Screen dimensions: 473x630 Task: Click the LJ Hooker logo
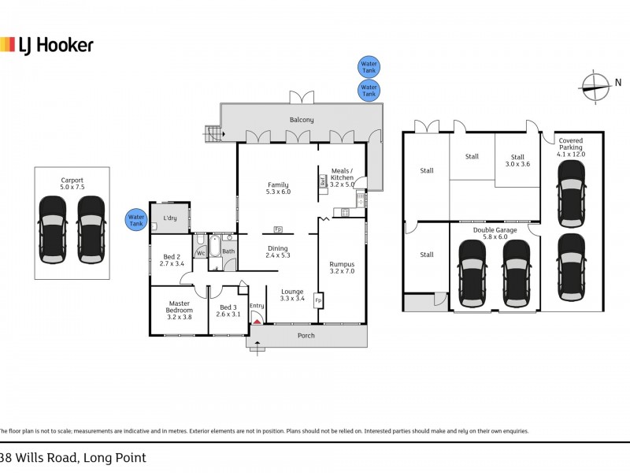47,44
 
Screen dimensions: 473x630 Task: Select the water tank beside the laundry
136,220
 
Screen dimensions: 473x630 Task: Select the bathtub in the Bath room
213,248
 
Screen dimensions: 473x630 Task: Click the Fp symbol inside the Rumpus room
318,301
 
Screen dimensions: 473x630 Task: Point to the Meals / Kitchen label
341,174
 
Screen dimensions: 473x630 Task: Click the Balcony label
301,120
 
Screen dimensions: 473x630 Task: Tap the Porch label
306,336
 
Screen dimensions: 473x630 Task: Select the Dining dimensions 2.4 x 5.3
278,255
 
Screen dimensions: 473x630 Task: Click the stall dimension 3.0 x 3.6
517,165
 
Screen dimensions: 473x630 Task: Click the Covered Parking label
570,143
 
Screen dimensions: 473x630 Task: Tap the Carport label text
72,180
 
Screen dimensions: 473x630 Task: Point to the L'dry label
169,218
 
